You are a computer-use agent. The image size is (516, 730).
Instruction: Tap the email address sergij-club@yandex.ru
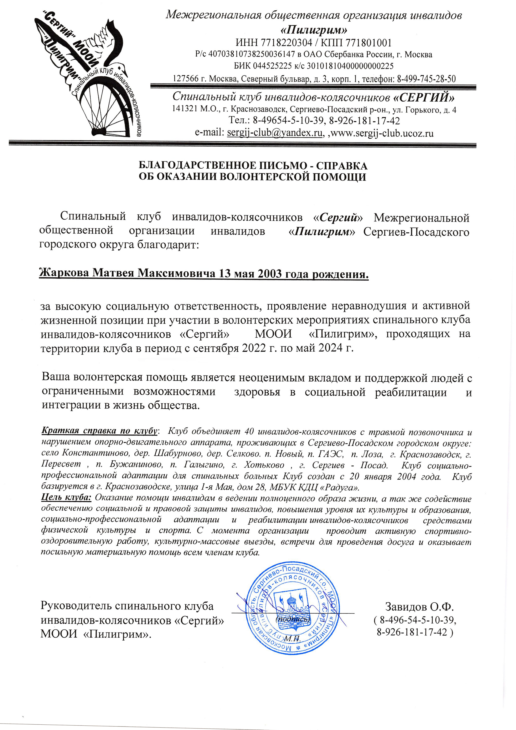tap(274, 133)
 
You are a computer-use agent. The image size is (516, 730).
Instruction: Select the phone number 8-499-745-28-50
tap(426, 78)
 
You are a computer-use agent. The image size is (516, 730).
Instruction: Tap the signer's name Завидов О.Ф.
tap(419, 607)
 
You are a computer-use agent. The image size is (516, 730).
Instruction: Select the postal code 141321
tap(184, 110)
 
